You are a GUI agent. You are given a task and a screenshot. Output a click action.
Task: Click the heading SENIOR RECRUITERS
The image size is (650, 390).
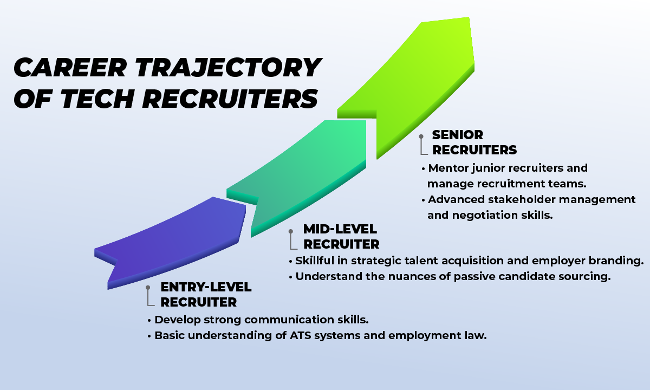474,142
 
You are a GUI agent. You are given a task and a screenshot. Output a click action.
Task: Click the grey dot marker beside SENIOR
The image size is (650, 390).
421,138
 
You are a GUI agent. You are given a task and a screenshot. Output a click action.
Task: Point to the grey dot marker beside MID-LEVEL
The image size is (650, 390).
291,231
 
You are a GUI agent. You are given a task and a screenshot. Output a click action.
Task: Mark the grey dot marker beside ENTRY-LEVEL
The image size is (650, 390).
148,289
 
